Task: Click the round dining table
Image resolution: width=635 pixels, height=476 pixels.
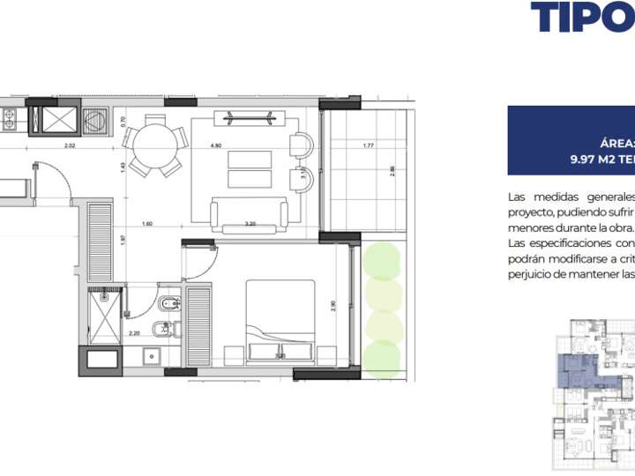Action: pos(154,145)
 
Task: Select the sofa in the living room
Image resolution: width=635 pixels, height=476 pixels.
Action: pos(250,212)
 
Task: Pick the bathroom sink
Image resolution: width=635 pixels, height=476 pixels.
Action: pos(152,356)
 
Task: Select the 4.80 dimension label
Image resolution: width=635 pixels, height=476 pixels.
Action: pos(215,145)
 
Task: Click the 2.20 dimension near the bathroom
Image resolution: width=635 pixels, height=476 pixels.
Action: pos(134,333)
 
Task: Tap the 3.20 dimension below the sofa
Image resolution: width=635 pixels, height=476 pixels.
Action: pos(250,224)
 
